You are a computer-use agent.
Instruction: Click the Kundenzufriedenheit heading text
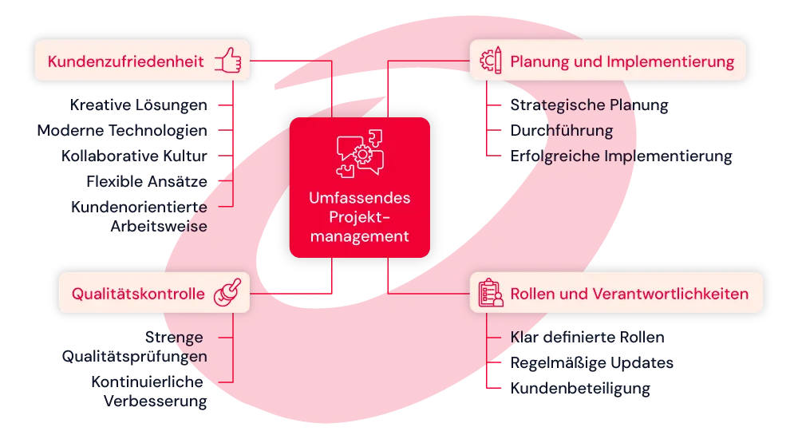click(125, 61)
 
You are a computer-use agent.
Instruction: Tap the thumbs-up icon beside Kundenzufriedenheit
click(227, 61)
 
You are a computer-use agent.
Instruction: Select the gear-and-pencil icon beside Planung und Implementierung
click(489, 61)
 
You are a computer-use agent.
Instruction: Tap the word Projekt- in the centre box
click(360, 217)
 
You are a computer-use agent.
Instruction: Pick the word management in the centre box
click(360, 236)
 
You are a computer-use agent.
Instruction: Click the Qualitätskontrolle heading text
click(138, 294)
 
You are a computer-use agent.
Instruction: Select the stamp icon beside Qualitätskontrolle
click(227, 293)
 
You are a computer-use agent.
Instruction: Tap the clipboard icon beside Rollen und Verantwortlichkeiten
click(490, 293)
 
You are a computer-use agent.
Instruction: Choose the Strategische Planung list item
click(589, 105)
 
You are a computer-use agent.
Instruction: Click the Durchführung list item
click(562, 130)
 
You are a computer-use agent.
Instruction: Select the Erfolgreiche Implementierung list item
click(621, 156)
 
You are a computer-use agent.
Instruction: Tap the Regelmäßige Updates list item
click(593, 363)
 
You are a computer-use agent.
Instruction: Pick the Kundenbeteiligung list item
click(580, 390)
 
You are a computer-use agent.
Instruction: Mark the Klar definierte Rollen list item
click(587, 338)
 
